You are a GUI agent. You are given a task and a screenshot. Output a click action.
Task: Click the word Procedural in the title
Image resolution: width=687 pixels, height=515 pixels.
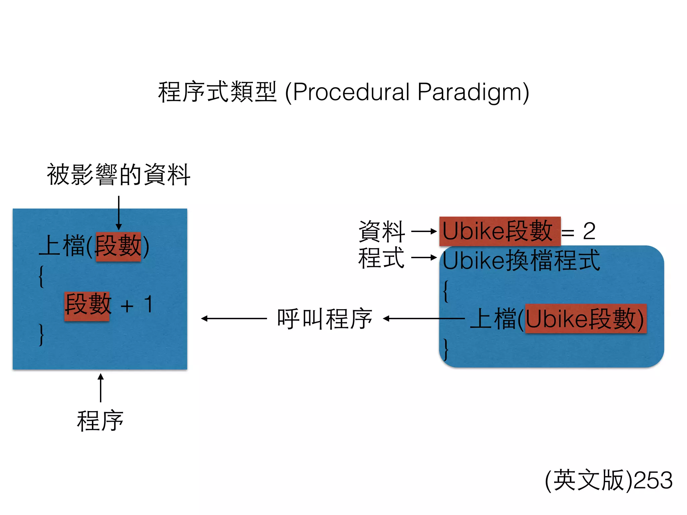(351, 92)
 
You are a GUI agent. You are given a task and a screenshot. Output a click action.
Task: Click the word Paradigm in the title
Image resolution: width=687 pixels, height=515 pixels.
(470, 92)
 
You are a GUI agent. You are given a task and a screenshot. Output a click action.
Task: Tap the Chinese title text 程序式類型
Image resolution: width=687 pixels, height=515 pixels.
(217, 92)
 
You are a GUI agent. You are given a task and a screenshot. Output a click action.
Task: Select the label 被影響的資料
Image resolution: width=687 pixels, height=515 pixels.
(118, 175)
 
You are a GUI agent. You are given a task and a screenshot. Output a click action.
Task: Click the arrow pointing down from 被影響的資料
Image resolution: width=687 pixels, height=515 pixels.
(119, 213)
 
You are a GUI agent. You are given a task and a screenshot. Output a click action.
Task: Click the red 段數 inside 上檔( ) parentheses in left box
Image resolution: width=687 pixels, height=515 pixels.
(118, 246)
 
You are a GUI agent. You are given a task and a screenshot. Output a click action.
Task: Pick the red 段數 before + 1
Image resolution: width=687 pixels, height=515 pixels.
(87, 305)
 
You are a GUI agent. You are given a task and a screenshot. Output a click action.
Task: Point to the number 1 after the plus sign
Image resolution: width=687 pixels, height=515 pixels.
(149, 304)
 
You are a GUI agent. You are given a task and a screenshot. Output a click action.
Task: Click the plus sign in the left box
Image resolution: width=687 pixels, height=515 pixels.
(127, 306)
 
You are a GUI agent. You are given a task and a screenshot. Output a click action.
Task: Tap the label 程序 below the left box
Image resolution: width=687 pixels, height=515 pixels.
(100, 421)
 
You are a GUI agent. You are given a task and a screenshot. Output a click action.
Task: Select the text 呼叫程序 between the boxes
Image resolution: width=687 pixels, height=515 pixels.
(324, 319)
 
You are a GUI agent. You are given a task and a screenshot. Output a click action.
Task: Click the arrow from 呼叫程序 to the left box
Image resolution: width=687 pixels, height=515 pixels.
(234, 319)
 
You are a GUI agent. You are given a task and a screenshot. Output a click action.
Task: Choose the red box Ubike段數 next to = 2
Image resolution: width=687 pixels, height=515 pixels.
(500, 231)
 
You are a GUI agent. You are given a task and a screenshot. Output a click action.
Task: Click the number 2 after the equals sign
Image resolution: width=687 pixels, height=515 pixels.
(589, 231)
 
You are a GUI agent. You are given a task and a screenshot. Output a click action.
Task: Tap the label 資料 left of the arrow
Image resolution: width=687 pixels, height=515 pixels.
(381, 231)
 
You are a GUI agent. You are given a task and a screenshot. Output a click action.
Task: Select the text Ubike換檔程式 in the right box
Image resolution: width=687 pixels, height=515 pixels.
(521, 261)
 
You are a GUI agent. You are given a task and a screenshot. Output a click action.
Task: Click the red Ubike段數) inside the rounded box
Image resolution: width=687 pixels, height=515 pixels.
(585, 319)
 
